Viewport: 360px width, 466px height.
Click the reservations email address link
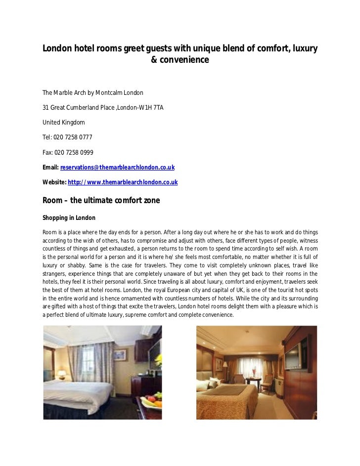point(117,168)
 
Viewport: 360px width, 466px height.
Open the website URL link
point(123,182)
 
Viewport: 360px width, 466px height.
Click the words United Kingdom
point(64,122)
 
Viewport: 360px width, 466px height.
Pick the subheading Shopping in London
point(69,218)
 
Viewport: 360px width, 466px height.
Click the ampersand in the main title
point(153,60)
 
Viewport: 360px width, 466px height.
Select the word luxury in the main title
point(303,49)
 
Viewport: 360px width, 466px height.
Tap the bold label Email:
point(51,168)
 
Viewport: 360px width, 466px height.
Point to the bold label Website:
point(54,182)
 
